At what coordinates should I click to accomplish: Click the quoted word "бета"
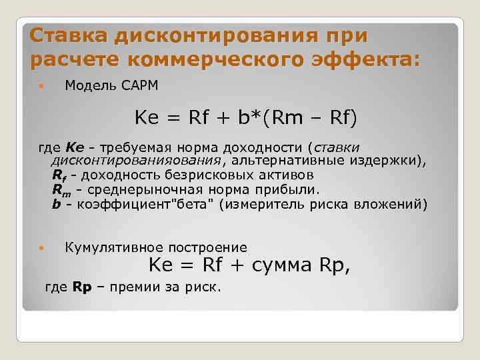[193, 203]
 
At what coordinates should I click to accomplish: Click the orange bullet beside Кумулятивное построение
[41, 248]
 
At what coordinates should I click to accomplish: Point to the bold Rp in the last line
[81, 287]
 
